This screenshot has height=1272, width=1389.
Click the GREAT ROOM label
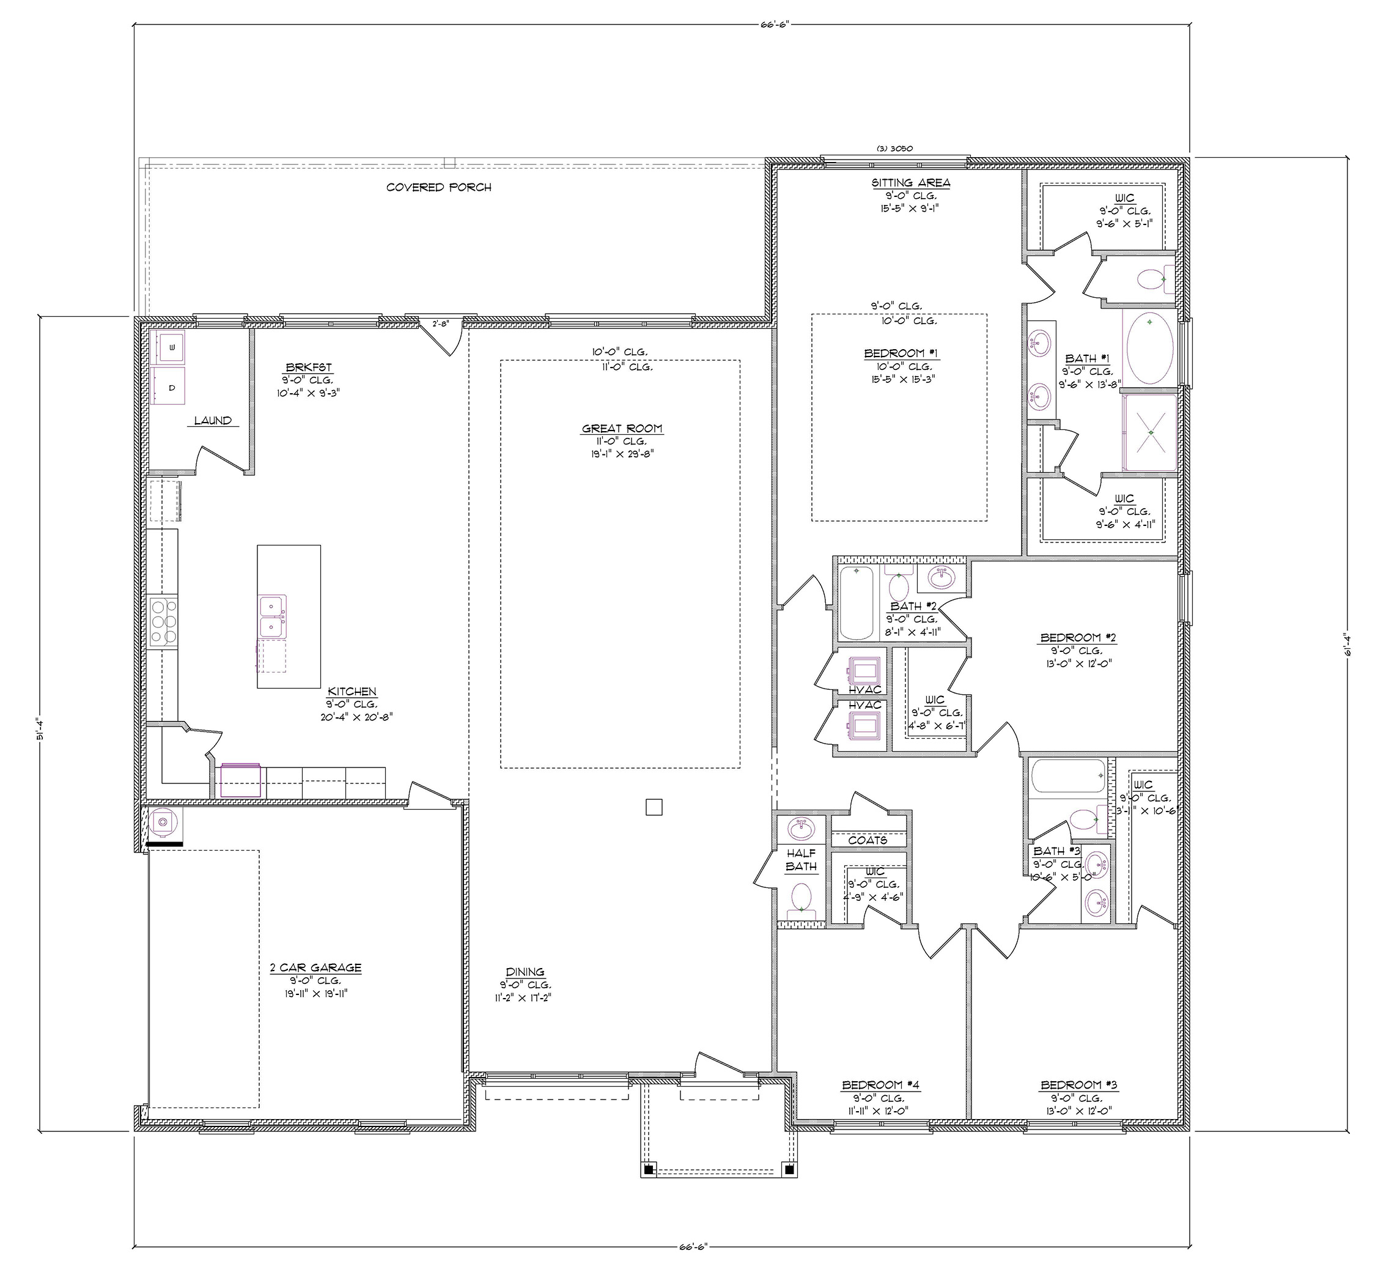point(622,429)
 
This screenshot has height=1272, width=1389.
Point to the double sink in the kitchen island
point(273,616)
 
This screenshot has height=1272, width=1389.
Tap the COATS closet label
point(868,841)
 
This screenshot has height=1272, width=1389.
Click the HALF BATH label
point(801,860)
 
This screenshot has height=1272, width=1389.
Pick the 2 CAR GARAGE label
point(315,968)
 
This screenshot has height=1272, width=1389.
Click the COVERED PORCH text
point(439,187)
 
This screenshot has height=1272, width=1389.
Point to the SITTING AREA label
point(911,183)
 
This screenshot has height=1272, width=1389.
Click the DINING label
point(525,972)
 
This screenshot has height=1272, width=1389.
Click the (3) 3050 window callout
point(894,147)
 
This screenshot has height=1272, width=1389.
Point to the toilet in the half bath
point(801,897)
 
